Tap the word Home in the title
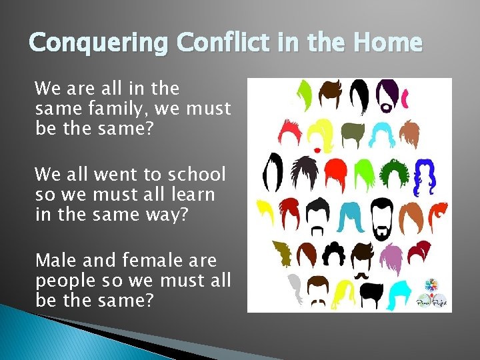(x=389, y=43)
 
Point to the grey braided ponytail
(x=295, y=288)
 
